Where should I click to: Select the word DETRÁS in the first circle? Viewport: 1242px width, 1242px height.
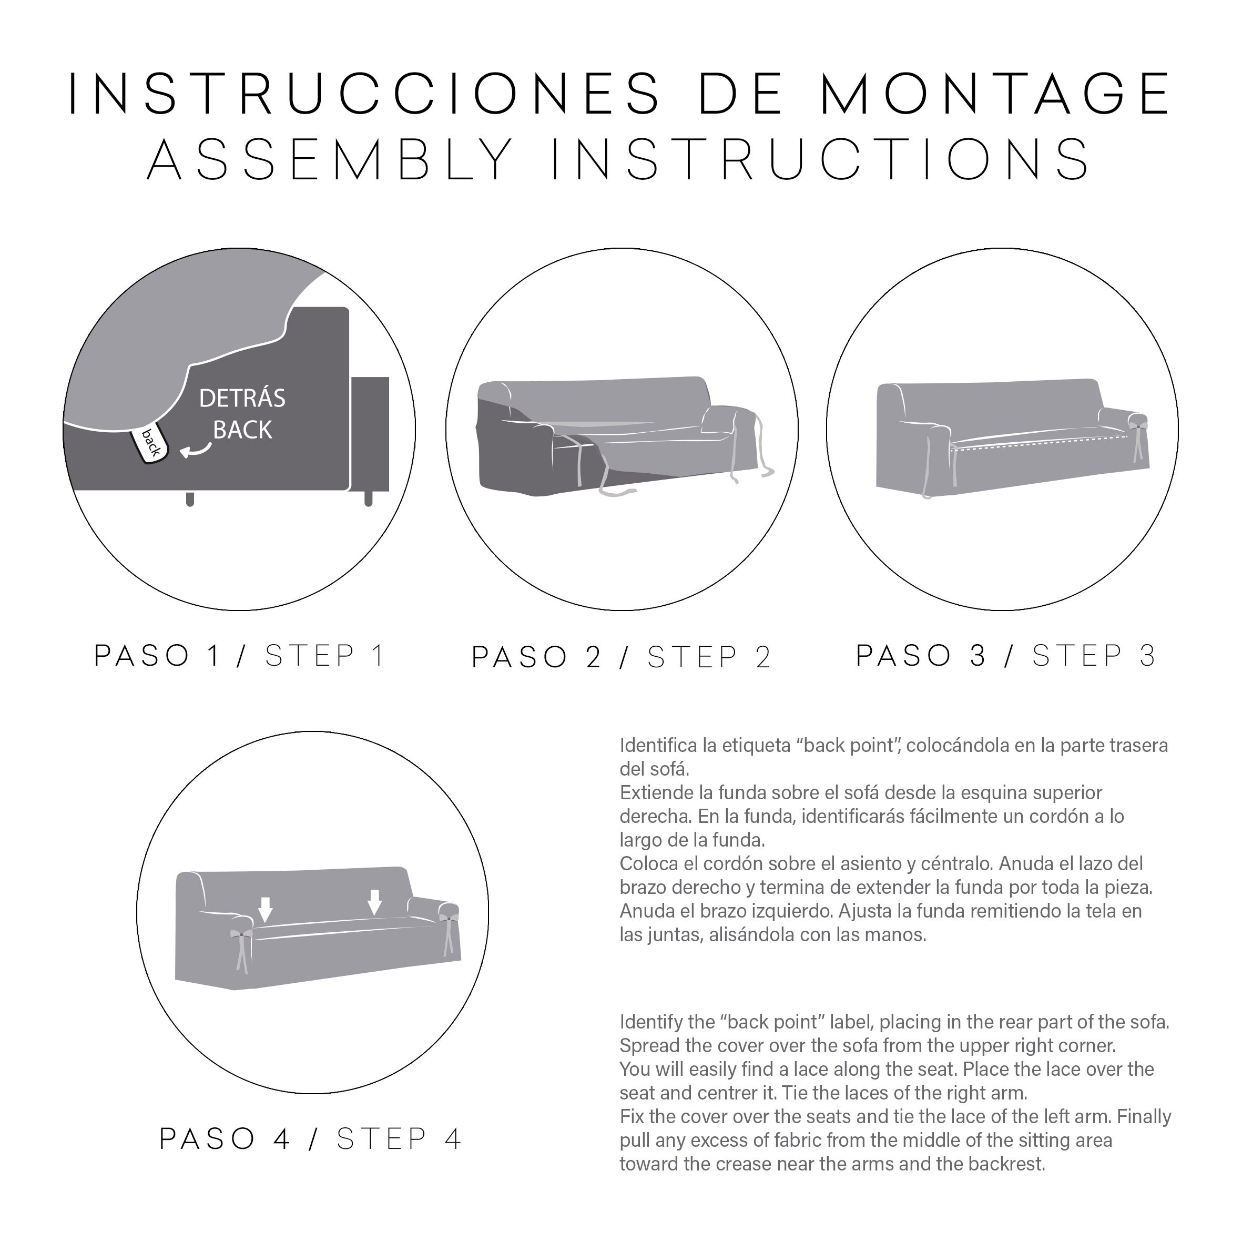(x=242, y=398)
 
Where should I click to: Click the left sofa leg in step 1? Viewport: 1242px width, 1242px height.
(x=190, y=499)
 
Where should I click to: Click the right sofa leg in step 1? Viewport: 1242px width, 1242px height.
(x=369, y=499)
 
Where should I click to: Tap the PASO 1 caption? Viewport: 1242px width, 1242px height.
(x=158, y=656)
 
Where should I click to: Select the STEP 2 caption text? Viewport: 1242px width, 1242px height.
(x=709, y=657)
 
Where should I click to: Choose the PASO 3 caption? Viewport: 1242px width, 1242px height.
(x=921, y=655)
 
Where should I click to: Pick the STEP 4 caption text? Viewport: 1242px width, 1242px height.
(x=399, y=1139)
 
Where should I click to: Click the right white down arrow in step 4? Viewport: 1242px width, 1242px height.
(x=375, y=902)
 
